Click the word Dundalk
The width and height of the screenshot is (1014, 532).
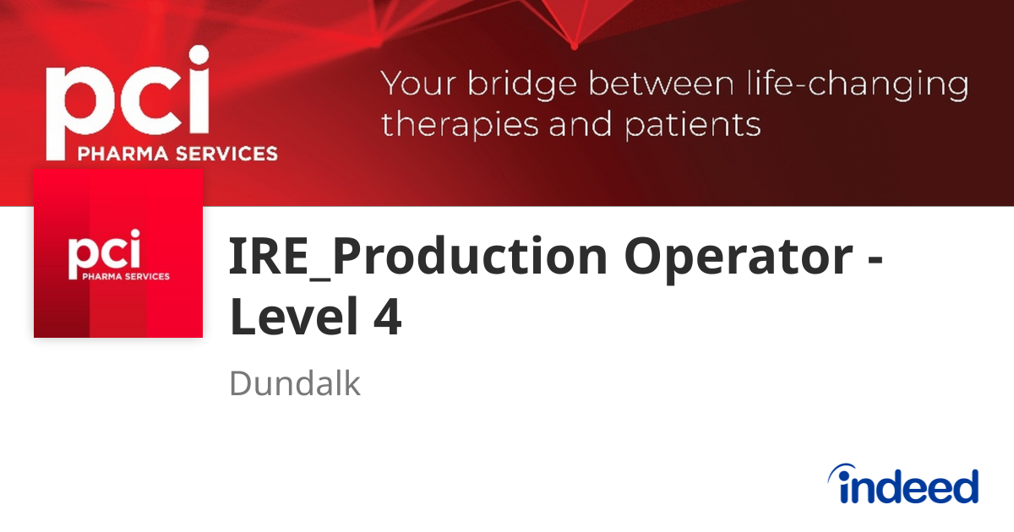294,384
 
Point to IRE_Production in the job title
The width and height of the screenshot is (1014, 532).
418,257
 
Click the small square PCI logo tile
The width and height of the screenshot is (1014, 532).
118,253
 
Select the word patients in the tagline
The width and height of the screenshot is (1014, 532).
693,125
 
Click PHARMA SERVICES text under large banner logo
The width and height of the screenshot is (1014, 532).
177,154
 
